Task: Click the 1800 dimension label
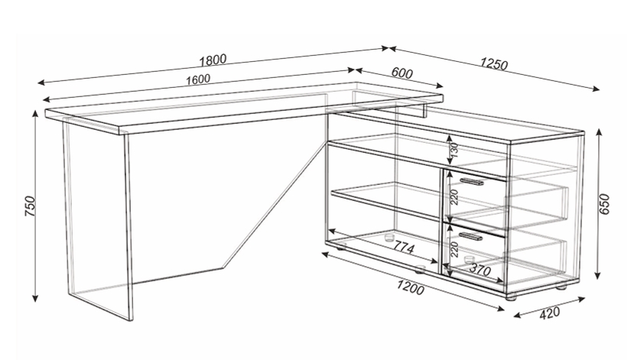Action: pyautogui.click(x=213, y=60)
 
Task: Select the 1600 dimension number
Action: pyautogui.click(x=197, y=79)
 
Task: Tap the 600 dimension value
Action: pyautogui.click(x=402, y=73)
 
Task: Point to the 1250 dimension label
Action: pyautogui.click(x=494, y=64)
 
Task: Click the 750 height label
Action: pyautogui.click(x=30, y=206)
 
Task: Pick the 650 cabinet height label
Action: pyautogui.click(x=605, y=204)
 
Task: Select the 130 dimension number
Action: pyautogui.click(x=454, y=149)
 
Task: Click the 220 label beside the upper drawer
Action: pyautogui.click(x=454, y=196)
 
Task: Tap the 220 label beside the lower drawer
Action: pyautogui.click(x=454, y=249)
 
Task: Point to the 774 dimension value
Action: pyautogui.click(x=403, y=247)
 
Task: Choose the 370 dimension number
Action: pyautogui.click(x=480, y=269)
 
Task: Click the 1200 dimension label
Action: pyautogui.click(x=411, y=287)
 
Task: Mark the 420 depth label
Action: pyautogui.click(x=549, y=313)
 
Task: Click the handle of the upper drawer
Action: pyautogui.click(x=472, y=182)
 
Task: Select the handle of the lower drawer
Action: pyautogui.click(x=471, y=236)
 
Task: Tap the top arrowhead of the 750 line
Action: pyautogui.click(x=35, y=114)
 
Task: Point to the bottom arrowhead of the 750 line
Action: pyautogui.click(x=35, y=297)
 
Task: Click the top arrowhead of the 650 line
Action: pyautogui.click(x=599, y=132)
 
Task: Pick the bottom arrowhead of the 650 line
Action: pyautogui.click(x=598, y=275)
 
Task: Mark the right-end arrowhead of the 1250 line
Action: pyautogui.click(x=596, y=89)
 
